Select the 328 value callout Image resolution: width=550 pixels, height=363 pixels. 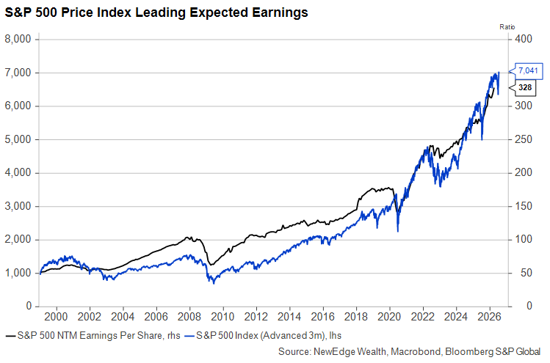[525, 87]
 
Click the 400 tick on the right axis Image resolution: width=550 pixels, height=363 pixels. [523, 39]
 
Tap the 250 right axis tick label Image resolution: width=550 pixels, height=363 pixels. [523, 139]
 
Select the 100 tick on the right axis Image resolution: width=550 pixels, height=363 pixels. [523, 240]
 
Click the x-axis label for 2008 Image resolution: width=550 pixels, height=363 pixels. [189, 318]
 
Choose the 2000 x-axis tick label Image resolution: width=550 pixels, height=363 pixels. [57, 318]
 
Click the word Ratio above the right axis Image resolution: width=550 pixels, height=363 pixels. [506, 26]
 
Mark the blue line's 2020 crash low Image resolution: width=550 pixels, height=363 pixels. [397, 232]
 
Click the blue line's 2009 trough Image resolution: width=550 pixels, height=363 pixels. [211, 282]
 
